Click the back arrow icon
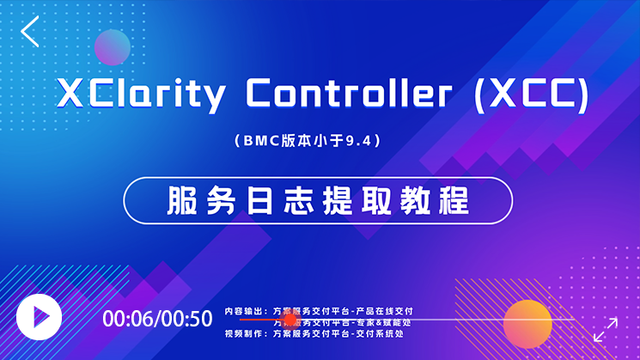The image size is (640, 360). click(31, 31)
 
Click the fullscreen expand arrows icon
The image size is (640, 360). click(606, 329)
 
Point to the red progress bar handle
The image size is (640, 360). click(290, 320)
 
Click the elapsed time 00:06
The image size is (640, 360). click(128, 319)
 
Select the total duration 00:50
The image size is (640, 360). click(186, 319)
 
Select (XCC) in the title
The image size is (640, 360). click(532, 94)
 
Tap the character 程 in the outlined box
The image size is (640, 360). click(455, 200)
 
